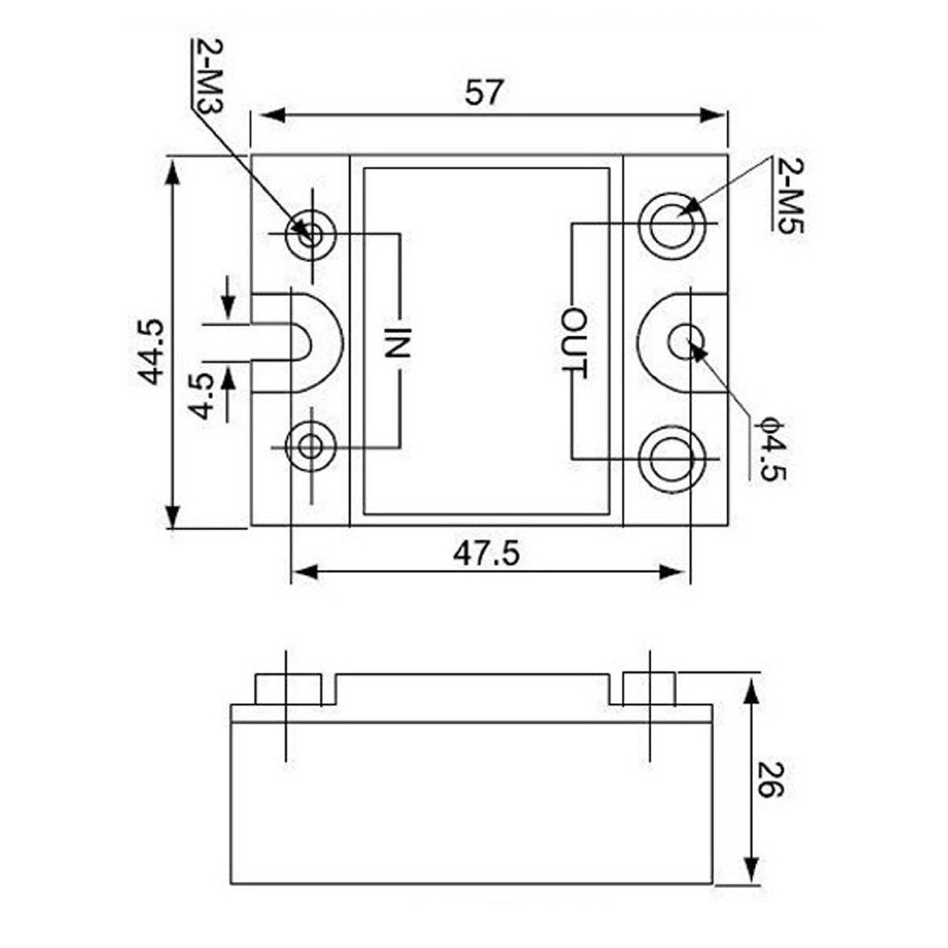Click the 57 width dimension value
point(483,92)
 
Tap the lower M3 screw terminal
point(311,446)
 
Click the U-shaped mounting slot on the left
point(304,342)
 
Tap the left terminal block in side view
point(288,688)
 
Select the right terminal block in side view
point(649,688)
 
